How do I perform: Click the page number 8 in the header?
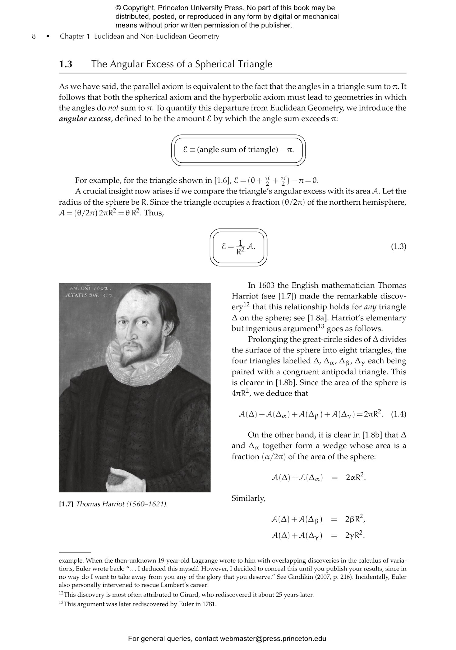(34, 36)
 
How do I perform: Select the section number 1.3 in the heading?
(66, 64)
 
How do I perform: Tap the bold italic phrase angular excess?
(85, 119)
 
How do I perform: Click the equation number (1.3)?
(398, 246)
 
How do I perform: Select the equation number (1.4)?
(398, 414)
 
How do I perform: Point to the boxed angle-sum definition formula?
(238, 150)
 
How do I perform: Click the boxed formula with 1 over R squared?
(238, 247)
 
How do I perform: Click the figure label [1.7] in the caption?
(66, 504)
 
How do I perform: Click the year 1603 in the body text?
(266, 286)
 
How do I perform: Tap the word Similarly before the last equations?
(248, 498)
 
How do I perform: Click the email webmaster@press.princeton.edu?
(273, 638)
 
